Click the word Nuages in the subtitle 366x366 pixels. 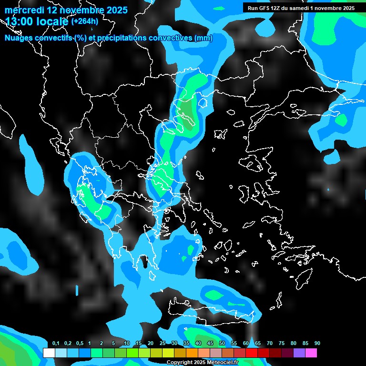point(19,39)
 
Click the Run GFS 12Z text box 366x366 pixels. point(301,8)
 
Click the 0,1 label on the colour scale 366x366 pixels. point(56,344)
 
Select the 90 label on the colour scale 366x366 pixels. point(317,344)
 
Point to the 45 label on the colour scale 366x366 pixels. point(210,344)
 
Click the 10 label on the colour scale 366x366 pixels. point(127,344)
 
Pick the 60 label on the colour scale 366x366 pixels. point(246,344)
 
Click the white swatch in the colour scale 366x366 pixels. point(49,353)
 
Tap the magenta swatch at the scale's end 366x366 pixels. point(311,353)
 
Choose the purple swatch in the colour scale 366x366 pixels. point(299,353)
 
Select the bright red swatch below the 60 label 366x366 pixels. point(251,353)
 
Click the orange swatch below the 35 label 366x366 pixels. point(192,353)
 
